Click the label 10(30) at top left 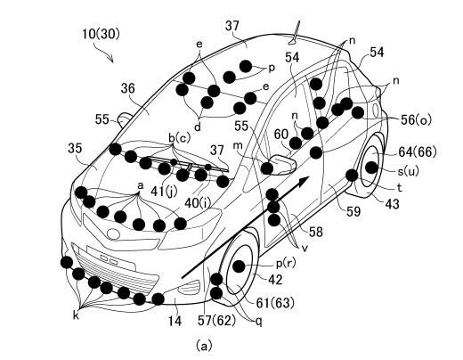(x=102, y=34)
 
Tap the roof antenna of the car (x=296, y=33)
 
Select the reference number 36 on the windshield (x=128, y=88)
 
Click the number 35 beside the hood (x=75, y=148)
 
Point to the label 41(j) (x=164, y=192)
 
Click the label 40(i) (x=198, y=202)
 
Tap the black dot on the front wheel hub (x=239, y=266)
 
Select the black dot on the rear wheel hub (x=371, y=168)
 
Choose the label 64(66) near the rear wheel (x=418, y=152)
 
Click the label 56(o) (x=416, y=119)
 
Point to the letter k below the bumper (x=76, y=316)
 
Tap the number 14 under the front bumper (x=175, y=321)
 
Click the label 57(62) (x=217, y=321)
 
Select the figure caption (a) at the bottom (x=204, y=346)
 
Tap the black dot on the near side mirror (x=267, y=168)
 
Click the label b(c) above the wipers (x=179, y=138)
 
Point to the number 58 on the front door (x=315, y=232)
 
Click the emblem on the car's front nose (x=113, y=233)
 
